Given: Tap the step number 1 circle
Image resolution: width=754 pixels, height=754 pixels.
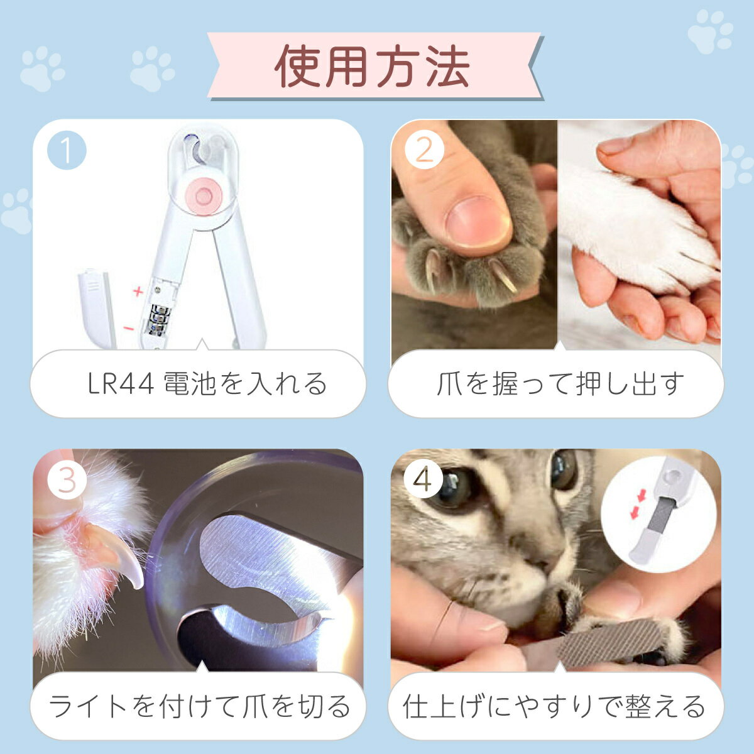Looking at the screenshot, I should [x=66, y=151].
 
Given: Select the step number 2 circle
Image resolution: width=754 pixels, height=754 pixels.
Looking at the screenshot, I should [x=425, y=151].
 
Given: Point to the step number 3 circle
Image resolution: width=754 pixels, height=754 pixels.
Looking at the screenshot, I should [x=66, y=481].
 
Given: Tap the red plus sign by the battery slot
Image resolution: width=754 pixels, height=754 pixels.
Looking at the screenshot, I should [x=138, y=292].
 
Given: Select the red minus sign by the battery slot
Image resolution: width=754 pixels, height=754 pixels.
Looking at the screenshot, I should [x=128, y=328].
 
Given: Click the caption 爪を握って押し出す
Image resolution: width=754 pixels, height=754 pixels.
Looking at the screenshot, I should [x=559, y=383].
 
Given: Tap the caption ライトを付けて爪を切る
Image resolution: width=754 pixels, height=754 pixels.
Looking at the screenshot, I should [x=200, y=706].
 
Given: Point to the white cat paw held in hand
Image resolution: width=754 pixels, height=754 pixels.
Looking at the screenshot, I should [x=635, y=232].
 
